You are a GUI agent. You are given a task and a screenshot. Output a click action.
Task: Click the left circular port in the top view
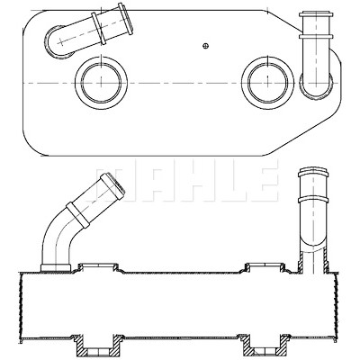pyautogui.click(x=101, y=83)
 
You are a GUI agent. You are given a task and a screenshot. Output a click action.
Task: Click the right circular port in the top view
pyautogui.click(x=267, y=83)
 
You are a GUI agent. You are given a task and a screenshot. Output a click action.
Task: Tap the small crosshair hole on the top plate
pyautogui.click(x=205, y=46)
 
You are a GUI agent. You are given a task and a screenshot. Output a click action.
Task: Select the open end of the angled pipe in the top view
pyautogui.click(x=125, y=19)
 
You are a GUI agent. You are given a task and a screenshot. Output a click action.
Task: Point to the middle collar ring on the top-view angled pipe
pyautogui.click(x=99, y=29)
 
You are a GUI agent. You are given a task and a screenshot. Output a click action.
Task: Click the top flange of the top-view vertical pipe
pyautogui.click(x=316, y=14)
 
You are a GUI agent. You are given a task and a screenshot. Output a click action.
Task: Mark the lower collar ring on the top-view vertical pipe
pyautogui.click(x=316, y=37)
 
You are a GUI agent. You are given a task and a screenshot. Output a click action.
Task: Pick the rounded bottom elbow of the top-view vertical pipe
pyautogui.click(x=316, y=86)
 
